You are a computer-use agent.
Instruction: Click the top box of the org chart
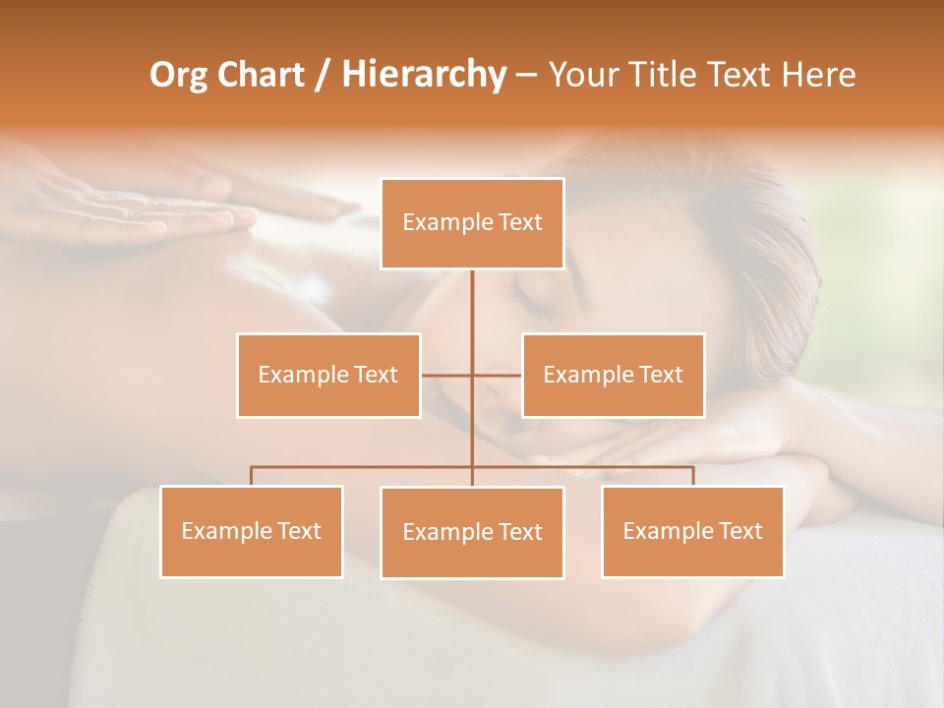pyautogui.click(x=472, y=223)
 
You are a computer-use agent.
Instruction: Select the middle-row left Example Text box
pyautogui.click(x=328, y=375)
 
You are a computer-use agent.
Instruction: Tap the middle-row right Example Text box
pyautogui.click(x=613, y=375)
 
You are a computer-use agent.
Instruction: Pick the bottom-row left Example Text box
pyautogui.click(x=252, y=531)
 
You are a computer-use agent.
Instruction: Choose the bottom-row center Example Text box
pyautogui.click(x=472, y=532)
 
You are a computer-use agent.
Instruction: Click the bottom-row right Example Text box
pyautogui.click(x=692, y=531)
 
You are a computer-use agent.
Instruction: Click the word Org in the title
pyautogui.click(x=180, y=75)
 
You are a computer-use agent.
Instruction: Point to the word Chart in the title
pyautogui.click(x=261, y=75)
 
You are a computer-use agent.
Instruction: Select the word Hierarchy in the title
pyautogui.click(x=423, y=75)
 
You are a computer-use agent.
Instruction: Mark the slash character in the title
pyautogui.click(x=323, y=75)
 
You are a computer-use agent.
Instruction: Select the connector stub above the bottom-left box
pyautogui.click(x=252, y=476)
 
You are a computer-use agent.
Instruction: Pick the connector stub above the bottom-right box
pyautogui.click(x=692, y=476)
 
